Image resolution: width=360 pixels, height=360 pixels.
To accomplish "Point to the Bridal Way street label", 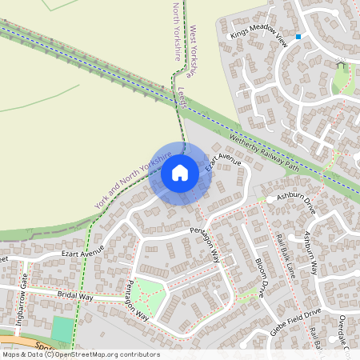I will pyautogui.click(x=75, y=297).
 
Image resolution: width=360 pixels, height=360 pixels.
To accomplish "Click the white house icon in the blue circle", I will pyautogui.click(x=180, y=173).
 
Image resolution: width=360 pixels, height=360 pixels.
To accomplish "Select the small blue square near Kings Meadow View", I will pyautogui.click(x=298, y=36).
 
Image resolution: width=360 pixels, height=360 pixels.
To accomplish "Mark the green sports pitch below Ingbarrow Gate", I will pyautogui.click(x=61, y=329).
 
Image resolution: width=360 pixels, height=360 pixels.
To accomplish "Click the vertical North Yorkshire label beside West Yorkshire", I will pyautogui.click(x=177, y=31).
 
